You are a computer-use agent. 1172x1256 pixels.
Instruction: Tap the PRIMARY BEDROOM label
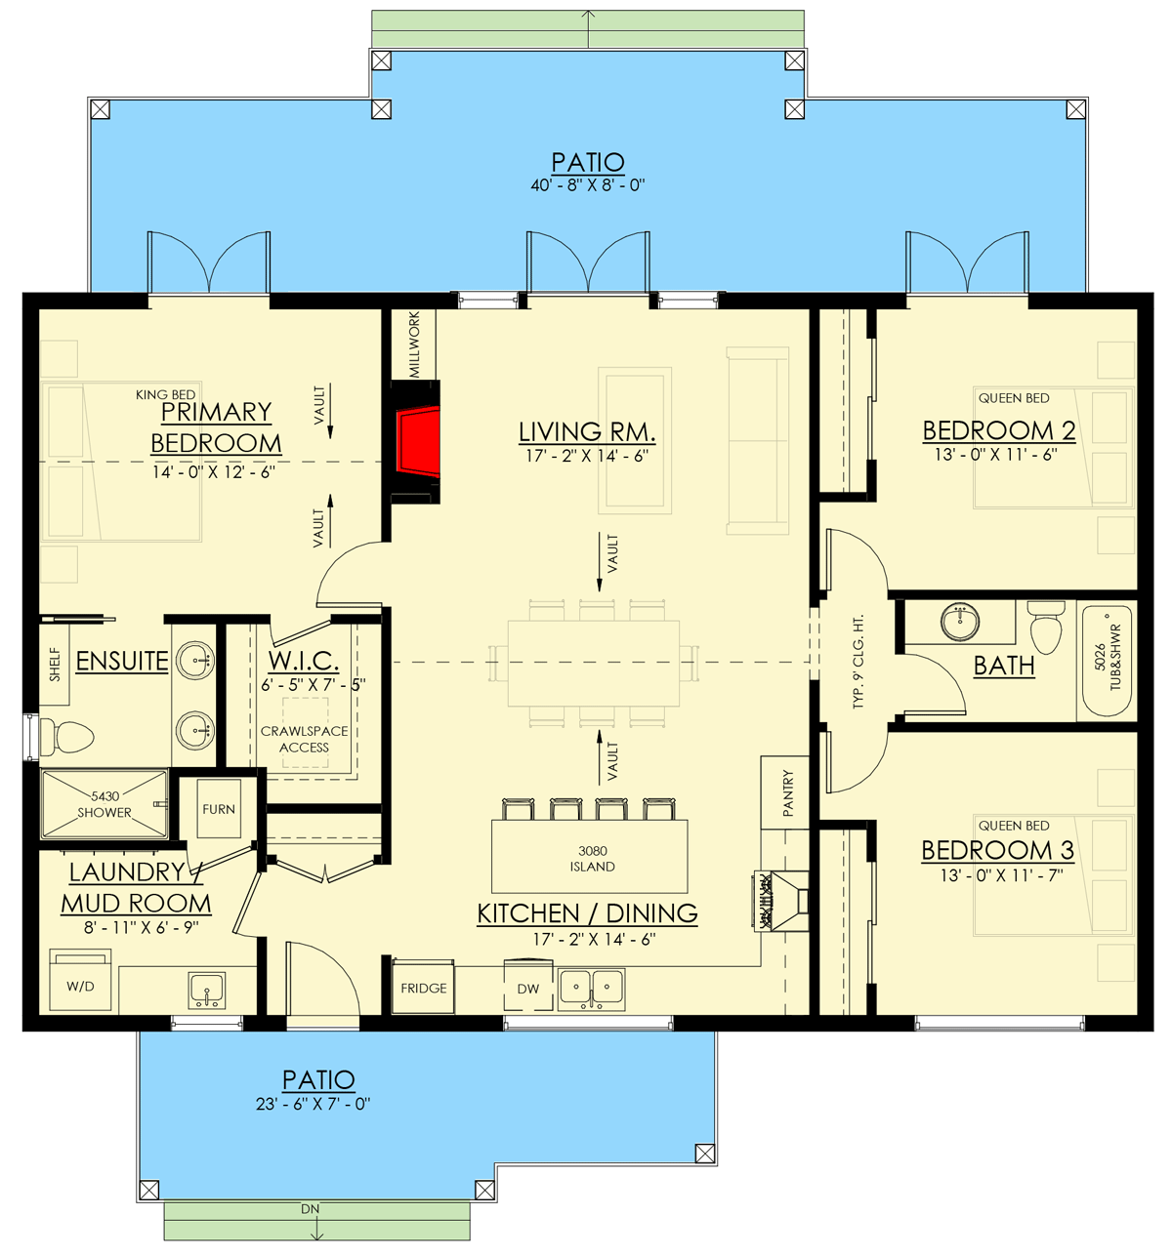click(x=216, y=427)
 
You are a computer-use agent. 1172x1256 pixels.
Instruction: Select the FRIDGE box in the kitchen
click(x=424, y=989)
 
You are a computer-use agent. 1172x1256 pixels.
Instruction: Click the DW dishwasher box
click(x=528, y=989)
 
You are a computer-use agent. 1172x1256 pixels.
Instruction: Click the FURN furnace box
click(x=219, y=809)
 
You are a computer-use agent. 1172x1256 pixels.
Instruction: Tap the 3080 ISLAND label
click(x=592, y=859)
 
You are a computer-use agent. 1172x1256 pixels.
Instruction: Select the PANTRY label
click(x=788, y=792)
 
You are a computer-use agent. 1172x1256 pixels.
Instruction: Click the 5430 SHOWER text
click(x=105, y=804)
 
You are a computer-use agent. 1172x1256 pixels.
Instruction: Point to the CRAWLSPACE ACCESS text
click(x=304, y=739)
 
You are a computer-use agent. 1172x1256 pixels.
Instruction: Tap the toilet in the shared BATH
click(x=1046, y=629)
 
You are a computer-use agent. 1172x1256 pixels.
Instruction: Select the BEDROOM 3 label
click(x=997, y=850)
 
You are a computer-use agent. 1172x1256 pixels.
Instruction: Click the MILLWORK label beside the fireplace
click(x=415, y=344)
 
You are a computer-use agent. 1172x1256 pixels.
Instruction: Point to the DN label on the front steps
click(x=311, y=1209)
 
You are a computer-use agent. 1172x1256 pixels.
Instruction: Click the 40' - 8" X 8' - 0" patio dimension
click(x=588, y=185)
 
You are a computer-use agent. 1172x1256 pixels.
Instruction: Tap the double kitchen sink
click(x=591, y=988)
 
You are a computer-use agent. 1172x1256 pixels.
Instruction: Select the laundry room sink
click(x=207, y=990)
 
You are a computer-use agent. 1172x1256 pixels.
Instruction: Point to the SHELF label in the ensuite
click(x=56, y=665)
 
